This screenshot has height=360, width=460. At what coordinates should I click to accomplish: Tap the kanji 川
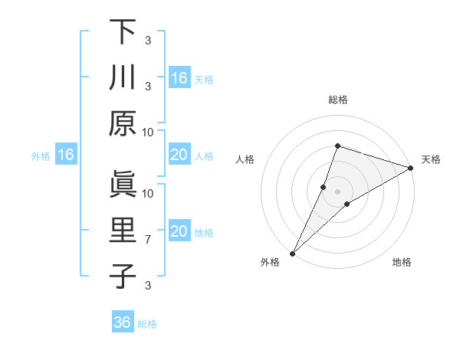click(123, 78)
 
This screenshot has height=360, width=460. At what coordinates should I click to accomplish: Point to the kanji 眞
click(123, 185)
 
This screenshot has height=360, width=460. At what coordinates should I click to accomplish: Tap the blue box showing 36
click(123, 322)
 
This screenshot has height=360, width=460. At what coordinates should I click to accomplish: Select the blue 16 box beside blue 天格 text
click(179, 78)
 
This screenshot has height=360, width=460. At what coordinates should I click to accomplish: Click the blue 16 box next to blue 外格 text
click(66, 155)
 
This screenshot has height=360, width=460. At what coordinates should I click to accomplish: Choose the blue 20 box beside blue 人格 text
click(179, 155)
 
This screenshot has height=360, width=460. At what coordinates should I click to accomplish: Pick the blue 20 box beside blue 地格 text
click(179, 232)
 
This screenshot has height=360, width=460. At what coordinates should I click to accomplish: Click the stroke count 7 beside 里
click(149, 240)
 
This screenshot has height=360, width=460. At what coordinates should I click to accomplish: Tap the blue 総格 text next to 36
click(147, 323)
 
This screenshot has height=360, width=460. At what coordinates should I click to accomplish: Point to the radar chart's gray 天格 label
click(431, 159)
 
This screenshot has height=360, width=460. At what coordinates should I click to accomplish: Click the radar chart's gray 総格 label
click(337, 100)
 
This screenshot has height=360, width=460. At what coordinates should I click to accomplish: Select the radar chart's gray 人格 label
click(245, 159)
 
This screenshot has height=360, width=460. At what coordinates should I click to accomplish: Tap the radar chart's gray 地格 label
click(402, 262)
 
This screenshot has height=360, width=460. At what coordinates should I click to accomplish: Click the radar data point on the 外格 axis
click(293, 253)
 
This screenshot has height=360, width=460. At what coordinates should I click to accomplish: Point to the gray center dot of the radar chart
click(338, 191)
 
